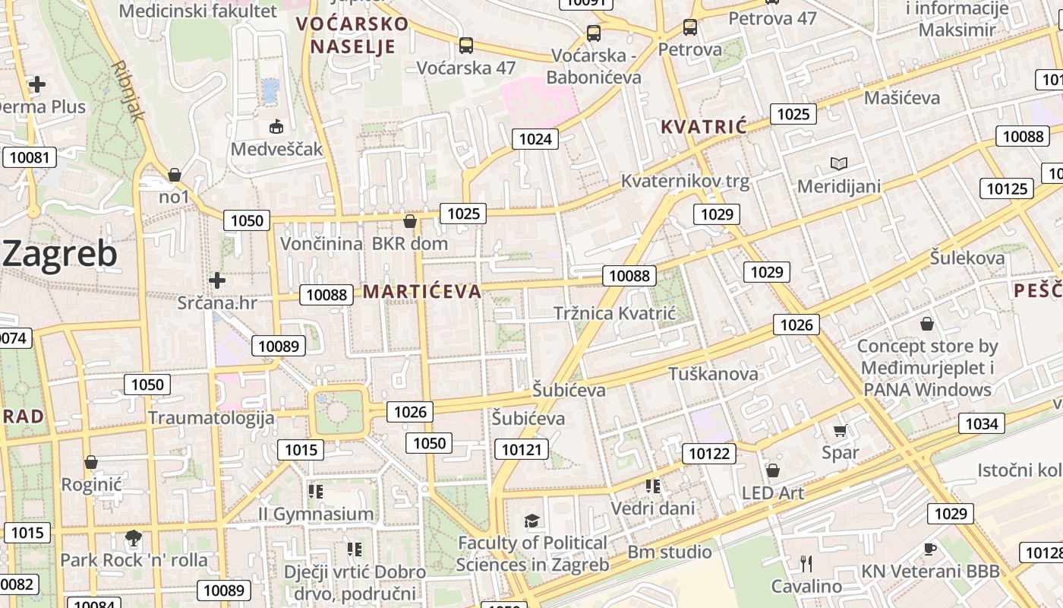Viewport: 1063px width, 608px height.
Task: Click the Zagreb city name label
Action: click(61, 254)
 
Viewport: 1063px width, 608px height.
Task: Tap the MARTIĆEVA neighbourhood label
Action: click(422, 291)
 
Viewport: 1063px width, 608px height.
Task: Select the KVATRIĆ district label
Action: click(704, 126)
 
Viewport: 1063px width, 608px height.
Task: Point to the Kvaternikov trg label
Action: click(685, 181)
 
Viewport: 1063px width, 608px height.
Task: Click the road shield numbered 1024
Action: click(535, 138)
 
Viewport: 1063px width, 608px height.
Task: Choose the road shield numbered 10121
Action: click(522, 449)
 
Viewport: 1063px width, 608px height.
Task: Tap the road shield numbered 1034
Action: click(981, 423)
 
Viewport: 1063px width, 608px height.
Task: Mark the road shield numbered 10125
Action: click(1007, 188)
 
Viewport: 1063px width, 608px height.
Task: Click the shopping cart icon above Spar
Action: click(840, 431)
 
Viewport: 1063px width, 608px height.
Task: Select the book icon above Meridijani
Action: click(838, 163)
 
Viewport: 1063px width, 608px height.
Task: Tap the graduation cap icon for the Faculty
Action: click(531, 521)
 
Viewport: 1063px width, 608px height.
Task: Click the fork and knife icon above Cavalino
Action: click(806, 563)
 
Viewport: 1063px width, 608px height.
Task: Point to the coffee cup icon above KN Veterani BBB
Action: click(930, 549)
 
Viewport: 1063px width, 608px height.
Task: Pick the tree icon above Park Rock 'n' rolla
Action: click(133, 538)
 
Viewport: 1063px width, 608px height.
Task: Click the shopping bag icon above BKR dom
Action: click(410, 221)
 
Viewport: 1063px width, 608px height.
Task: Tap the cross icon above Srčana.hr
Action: click(217, 280)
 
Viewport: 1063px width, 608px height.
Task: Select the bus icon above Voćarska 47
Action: click(466, 46)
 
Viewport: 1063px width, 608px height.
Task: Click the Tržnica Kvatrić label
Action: click(614, 313)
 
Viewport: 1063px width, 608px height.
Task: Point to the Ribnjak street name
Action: click(127, 91)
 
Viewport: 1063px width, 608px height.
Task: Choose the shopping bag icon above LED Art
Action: click(773, 470)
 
